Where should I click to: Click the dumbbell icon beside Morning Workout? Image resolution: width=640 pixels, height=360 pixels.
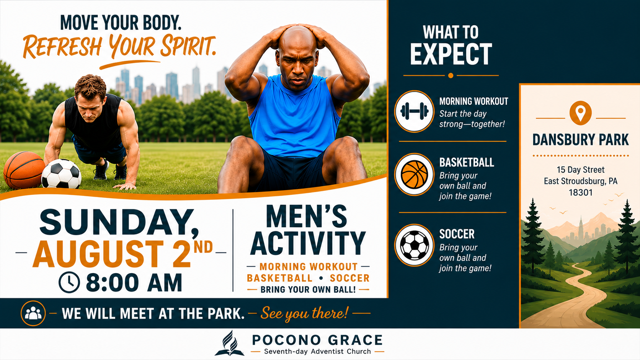414,111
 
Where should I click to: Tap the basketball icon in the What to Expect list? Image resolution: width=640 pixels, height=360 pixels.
414,174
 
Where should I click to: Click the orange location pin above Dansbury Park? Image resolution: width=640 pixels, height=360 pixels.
580,113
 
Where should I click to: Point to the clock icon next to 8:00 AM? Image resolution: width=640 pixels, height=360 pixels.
69,282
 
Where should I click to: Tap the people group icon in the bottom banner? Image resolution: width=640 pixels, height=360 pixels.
33,313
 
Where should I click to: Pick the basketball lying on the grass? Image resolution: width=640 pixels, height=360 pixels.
24,170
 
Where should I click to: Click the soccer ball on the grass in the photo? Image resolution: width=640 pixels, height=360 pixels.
61,174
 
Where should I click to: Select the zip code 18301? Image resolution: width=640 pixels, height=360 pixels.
580,193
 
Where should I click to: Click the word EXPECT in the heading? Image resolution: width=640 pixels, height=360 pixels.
451,54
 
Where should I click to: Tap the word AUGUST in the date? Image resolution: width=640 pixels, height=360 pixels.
98,254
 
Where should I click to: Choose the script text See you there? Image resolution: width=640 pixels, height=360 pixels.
304,313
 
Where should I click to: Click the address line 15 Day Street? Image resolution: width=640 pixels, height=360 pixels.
580,170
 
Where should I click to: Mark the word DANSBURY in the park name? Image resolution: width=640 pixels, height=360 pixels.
558,140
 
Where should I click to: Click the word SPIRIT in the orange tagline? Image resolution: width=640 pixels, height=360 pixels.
188,46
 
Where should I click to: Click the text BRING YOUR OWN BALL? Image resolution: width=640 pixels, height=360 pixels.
308,290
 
